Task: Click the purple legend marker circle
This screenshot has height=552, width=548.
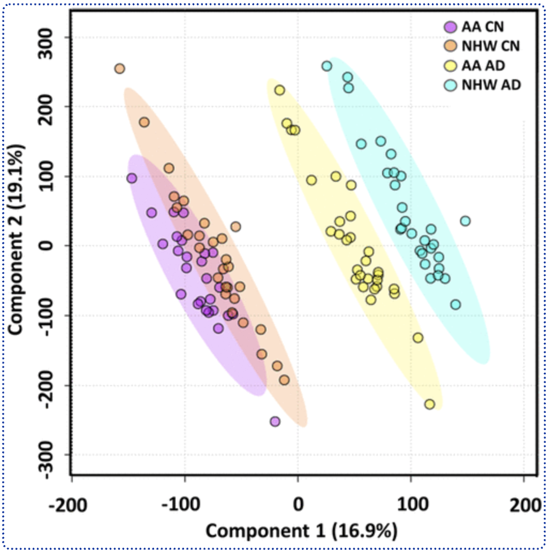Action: click(450, 26)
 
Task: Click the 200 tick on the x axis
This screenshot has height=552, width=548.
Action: click(522, 504)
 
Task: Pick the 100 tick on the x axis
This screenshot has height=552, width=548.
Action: click(410, 504)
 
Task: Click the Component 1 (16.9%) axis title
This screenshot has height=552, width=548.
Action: click(301, 531)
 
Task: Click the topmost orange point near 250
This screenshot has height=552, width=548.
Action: click(119, 68)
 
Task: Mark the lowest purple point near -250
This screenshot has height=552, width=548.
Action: click(275, 421)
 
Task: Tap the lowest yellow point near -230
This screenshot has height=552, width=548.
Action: click(429, 404)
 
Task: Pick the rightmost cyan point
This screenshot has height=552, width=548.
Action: click(465, 221)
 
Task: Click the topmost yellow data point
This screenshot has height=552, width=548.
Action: click(279, 90)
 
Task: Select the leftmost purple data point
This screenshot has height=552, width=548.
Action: click(132, 178)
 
